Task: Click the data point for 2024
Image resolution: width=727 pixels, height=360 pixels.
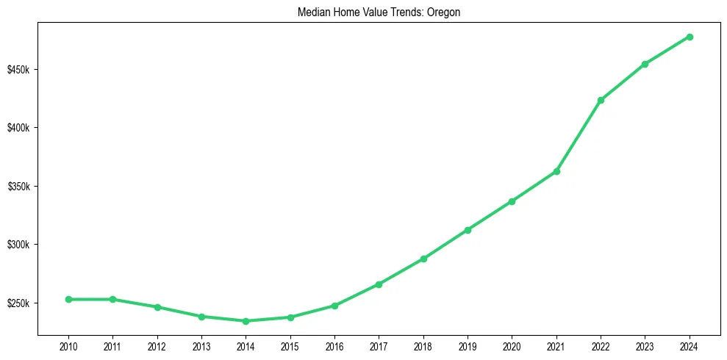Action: coord(690,37)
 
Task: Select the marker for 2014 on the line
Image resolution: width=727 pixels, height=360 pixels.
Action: coord(246,321)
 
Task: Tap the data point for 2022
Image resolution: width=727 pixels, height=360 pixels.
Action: coord(601,100)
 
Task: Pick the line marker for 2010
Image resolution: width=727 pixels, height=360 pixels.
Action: coord(68,299)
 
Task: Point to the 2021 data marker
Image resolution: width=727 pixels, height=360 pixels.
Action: coord(556,171)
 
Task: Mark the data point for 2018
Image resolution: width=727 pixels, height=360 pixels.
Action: coord(423,259)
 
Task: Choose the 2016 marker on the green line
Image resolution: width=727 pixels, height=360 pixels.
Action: coord(334,306)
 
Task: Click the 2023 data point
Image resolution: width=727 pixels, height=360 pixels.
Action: coord(645,64)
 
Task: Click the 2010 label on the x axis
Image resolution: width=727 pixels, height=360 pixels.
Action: coord(68,346)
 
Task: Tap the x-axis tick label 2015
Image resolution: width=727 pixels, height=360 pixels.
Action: coord(290,346)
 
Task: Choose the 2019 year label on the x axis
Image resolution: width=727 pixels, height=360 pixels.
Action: coord(468,346)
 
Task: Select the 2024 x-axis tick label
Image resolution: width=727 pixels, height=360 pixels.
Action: coord(690,346)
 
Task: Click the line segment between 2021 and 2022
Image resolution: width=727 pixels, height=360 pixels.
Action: coord(579,136)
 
